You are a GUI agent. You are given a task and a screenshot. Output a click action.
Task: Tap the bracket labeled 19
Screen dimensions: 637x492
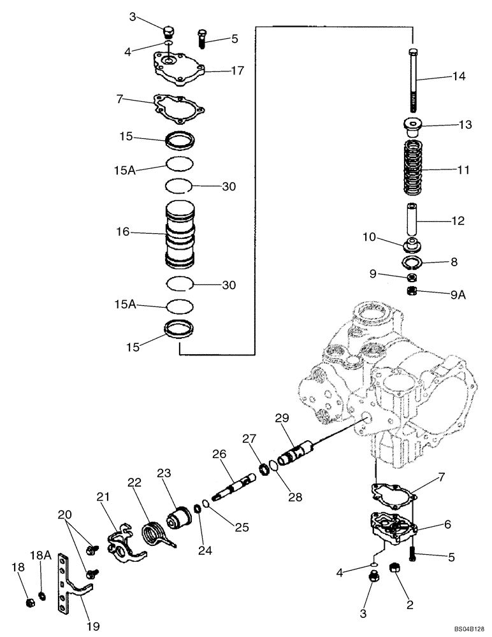[71, 580]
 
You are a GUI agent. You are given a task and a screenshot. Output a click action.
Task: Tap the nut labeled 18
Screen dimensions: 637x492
[29, 603]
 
